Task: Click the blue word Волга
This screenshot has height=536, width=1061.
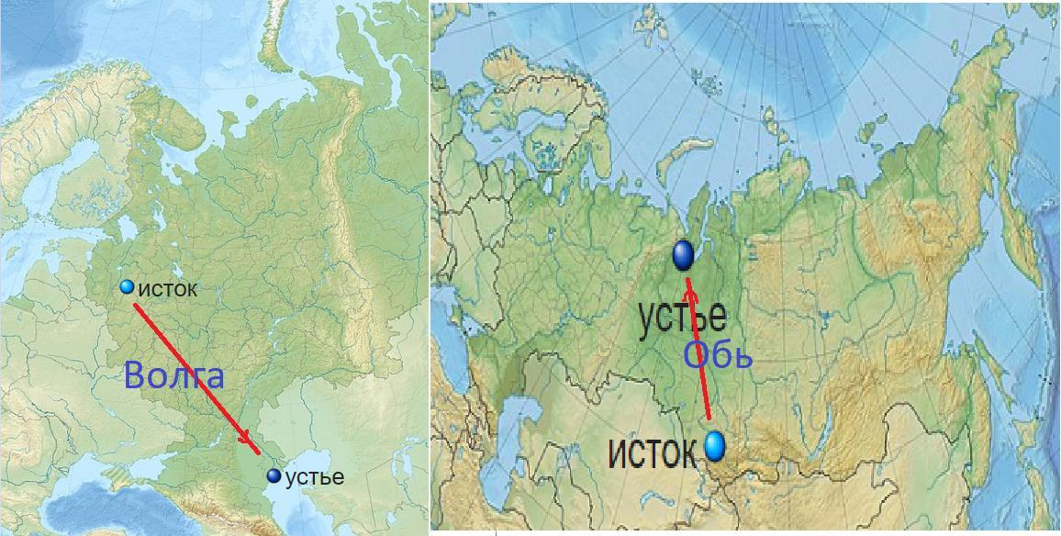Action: tap(173, 376)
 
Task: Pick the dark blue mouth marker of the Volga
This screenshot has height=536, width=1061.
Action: tap(274, 475)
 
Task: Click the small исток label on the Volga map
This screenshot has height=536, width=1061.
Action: tap(167, 290)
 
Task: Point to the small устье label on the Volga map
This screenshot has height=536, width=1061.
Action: tap(315, 477)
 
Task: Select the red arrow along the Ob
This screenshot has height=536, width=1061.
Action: tap(700, 358)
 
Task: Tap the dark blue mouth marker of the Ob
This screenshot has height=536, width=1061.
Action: tap(683, 255)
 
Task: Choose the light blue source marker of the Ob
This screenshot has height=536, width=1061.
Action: tap(714, 447)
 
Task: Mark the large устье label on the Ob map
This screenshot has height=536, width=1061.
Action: tap(682, 317)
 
